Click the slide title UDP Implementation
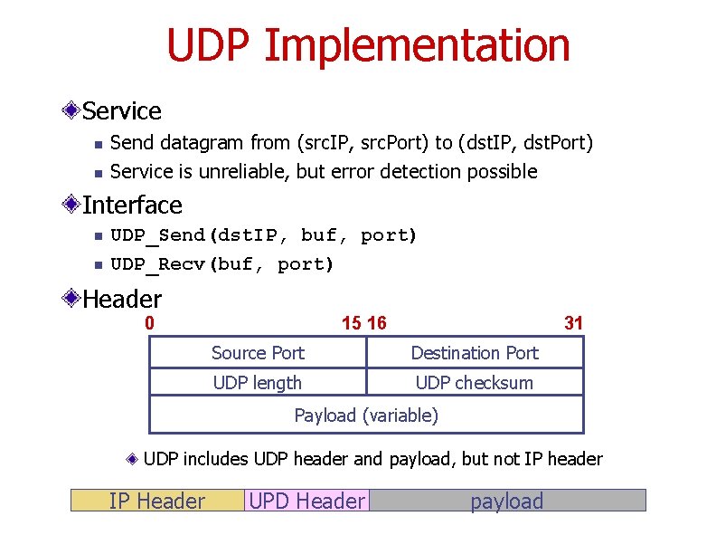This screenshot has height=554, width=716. click(368, 45)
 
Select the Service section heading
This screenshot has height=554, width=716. click(121, 111)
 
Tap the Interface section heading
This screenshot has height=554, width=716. click(132, 205)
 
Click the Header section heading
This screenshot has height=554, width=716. click(122, 299)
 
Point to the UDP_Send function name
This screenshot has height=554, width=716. click(158, 235)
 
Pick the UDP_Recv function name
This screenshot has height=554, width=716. click(158, 264)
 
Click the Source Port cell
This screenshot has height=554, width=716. click(258, 353)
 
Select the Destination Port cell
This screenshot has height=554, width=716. click(475, 353)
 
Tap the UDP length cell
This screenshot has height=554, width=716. click(258, 383)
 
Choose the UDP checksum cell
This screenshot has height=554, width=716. click(475, 383)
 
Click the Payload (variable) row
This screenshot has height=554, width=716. click(366, 415)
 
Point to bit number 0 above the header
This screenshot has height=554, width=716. click(150, 323)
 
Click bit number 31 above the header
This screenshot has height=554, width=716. click(573, 323)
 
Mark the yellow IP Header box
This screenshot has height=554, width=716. click(157, 501)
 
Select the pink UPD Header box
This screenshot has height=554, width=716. click(307, 501)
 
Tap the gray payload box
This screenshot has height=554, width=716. click(507, 501)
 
